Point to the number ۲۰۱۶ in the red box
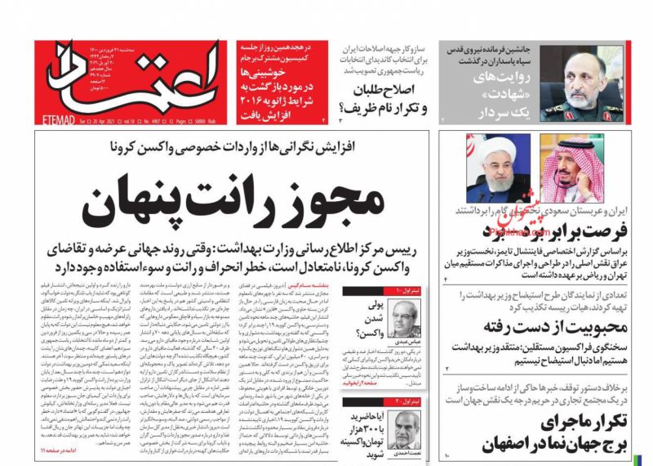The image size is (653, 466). point(252,99)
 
